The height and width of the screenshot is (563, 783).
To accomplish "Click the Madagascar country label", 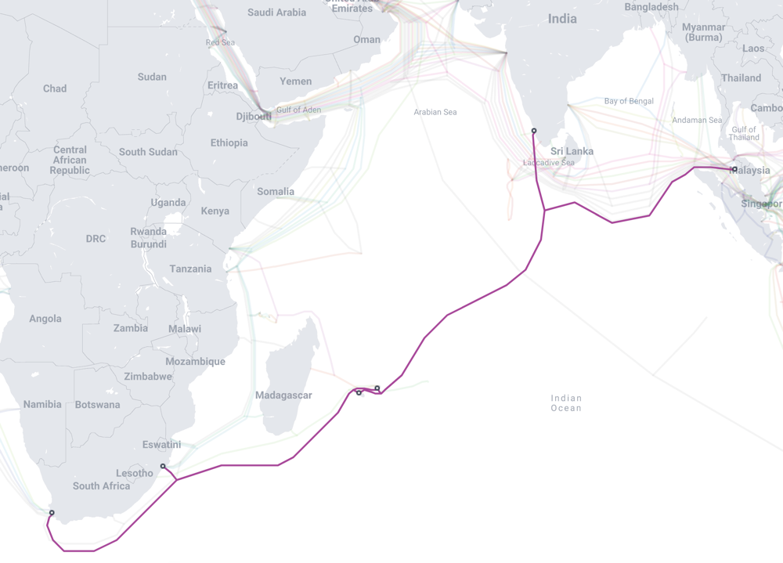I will [283, 395].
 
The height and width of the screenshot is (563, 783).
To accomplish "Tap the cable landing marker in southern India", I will [534, 132].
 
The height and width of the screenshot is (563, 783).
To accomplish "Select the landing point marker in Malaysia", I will [734, 169].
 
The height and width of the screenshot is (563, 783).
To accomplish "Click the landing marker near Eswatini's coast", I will [163, 467].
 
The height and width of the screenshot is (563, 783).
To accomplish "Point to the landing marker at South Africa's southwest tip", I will [52, 514].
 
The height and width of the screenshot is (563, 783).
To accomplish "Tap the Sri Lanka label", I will [572, 151].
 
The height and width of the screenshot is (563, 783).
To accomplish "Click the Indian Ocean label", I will [566, 403].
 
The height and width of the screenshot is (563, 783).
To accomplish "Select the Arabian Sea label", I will [435, 112].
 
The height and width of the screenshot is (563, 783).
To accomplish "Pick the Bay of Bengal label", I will [629, 101].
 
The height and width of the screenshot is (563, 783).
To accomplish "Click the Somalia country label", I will [276, 191].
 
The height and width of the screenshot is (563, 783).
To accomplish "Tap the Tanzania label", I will [190, 269].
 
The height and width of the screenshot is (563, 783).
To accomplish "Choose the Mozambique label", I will [195, 361].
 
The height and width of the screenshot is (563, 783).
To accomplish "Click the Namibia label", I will [42, 404].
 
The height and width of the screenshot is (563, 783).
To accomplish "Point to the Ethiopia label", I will [229, 143].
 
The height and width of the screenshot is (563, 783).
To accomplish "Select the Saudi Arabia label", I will [276, 13].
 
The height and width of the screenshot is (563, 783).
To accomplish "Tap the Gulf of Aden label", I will [298, 110].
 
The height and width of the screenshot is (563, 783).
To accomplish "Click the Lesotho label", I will [135, 473].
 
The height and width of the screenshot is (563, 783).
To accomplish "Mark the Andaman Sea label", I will [697, 120].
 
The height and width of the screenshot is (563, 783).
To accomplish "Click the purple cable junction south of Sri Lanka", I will [544, 210].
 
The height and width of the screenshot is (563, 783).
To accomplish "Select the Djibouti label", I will [254, 117].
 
